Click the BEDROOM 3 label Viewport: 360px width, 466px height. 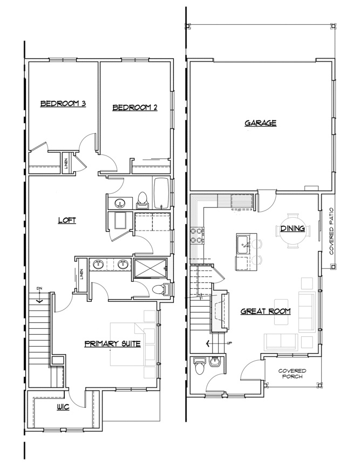coord(63,104)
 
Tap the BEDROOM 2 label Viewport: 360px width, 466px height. coord(134,107)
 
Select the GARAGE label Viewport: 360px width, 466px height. coord(261,123)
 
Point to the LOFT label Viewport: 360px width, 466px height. coord(67,220)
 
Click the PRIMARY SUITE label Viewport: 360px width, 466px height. coord(113,344)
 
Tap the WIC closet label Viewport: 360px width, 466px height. coord(63,407)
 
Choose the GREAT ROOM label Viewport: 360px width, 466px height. coord(265,311)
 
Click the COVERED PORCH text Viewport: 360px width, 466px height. coord(292,374)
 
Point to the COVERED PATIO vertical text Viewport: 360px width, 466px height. coord(332,231)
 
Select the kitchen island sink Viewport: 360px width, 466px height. coord(243,244)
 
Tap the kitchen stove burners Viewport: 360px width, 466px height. coord(197,235)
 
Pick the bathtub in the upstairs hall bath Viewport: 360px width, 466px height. coord(161,193)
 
